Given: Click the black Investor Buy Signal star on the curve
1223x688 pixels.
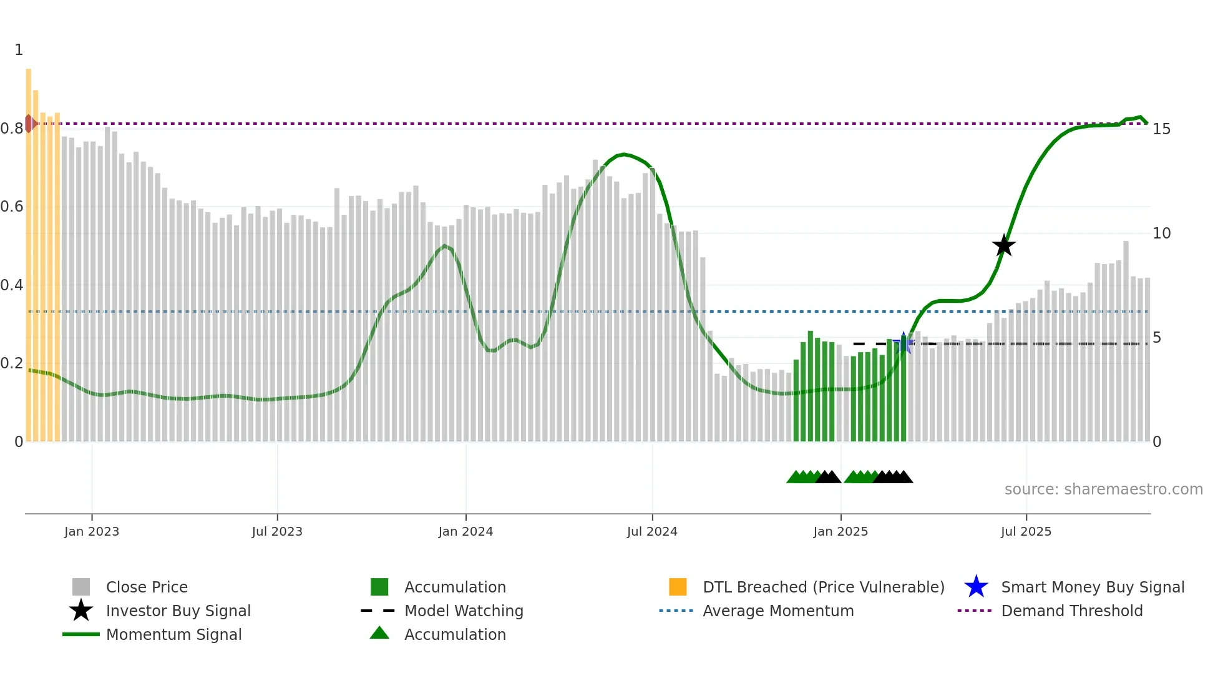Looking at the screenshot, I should [1004, 245].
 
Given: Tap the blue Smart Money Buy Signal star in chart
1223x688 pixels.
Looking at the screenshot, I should [904, 343].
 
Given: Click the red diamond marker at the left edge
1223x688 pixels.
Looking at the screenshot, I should [29, 124].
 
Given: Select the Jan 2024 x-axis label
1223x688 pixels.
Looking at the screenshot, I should [465, 531].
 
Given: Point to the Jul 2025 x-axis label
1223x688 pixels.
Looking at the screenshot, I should [1026, 531].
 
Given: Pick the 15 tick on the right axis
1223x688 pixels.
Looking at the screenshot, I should [1161, 129].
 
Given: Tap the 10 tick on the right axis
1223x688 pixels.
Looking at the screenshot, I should [1161, 233].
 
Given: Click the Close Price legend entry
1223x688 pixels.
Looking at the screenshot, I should [147, 587].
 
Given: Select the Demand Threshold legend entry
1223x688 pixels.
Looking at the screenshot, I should [1071, 611].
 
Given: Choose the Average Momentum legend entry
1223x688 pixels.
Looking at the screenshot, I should [777, 611].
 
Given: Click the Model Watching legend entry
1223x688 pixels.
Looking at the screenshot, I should [464, 611].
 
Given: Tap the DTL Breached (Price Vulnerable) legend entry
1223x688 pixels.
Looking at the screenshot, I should [823, 587].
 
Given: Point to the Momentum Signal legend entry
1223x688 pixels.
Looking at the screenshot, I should [173, 634].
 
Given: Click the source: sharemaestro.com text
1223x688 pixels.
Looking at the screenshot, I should [1103, 489].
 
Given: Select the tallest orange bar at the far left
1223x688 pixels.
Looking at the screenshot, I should [29, 250].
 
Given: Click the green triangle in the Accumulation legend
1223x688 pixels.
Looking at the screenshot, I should [379, 633].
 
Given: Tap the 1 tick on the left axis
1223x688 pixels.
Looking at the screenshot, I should [19, 50].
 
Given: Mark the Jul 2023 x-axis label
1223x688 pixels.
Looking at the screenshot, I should [277, 531].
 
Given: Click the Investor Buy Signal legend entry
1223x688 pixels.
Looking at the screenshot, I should [178, 611].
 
